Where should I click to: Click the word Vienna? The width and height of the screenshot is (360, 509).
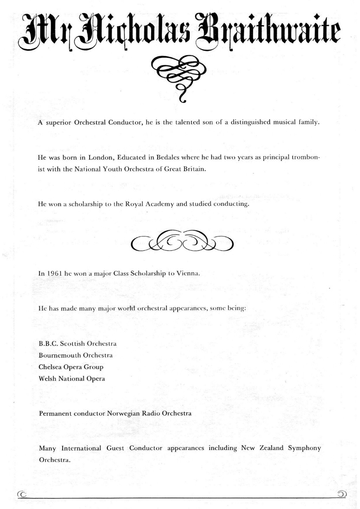(x=188, y=274)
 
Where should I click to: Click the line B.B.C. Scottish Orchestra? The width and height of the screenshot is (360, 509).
(x=78, y=343)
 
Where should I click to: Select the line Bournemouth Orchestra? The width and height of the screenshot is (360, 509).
(x=76, y=355)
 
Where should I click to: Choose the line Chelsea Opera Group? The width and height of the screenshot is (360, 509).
(x=71, y=366)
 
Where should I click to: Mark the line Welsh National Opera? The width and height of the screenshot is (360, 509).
(x=72, y=378)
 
